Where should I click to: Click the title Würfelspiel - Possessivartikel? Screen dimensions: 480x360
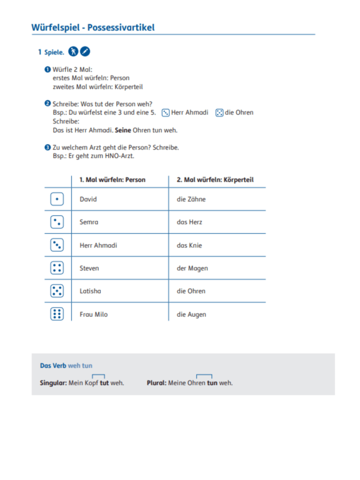[x=93, y=27]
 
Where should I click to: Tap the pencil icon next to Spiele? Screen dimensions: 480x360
[x=85, y=52]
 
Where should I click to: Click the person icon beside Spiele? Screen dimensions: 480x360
[x=74, y=52]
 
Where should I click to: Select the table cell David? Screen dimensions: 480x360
[x=89, y=199]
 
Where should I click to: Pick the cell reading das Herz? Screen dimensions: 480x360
[x=189, y=222]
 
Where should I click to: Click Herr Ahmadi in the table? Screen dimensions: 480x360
[x=98, y=245]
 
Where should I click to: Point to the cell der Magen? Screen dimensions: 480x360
[x=192, y=268]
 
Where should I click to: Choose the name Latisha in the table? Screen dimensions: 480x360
[x=90, y=291]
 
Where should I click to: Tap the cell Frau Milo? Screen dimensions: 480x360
[x=93, y=314]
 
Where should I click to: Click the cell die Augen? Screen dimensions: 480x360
[x=191, y=314]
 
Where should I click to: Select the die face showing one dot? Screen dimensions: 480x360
[x=57, y=199]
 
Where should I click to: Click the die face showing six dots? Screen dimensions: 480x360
[x=57, y=314]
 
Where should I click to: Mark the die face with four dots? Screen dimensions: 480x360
[x=57, y=268]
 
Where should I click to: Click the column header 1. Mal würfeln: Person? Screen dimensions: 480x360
[x=112, y=180]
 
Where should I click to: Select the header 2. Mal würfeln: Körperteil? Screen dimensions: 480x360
[x=215, y=180]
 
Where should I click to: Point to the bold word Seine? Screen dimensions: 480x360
[x=123, y=130]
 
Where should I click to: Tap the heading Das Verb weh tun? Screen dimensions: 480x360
[x=66, y=365]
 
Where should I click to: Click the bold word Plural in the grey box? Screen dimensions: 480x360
[x=156, y=383]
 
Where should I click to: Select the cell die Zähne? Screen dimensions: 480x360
[x=191, y=199]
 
